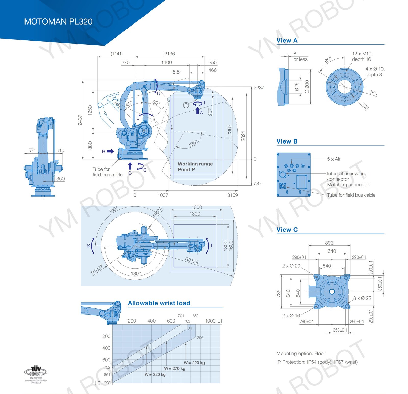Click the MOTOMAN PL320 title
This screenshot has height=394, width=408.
58,22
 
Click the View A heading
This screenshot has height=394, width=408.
287,41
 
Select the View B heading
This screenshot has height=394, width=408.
287,141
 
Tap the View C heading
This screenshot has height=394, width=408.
287,230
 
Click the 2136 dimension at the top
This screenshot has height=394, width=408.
170,54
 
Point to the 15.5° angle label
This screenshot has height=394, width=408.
176,72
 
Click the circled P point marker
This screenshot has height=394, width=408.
186,105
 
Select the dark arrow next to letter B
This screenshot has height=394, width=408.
110,151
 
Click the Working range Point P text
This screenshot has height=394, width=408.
195,166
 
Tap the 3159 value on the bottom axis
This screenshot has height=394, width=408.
233,195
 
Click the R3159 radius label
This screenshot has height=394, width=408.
192,260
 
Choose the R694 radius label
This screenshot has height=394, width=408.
158,212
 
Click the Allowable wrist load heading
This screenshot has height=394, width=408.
159,303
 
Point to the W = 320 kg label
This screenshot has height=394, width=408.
155,374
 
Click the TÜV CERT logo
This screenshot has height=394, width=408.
36,372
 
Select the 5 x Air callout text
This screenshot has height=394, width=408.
334,159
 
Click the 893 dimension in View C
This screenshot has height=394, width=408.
329,243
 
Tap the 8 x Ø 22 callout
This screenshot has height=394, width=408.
362,298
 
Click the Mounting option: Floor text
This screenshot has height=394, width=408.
301,353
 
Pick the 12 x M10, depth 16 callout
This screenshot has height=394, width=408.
362,56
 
